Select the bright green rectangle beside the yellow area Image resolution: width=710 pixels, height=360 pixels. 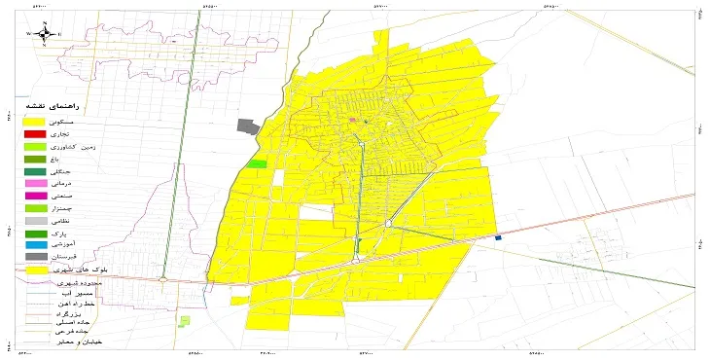257,163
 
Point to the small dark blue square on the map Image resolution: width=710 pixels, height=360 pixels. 498,237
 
